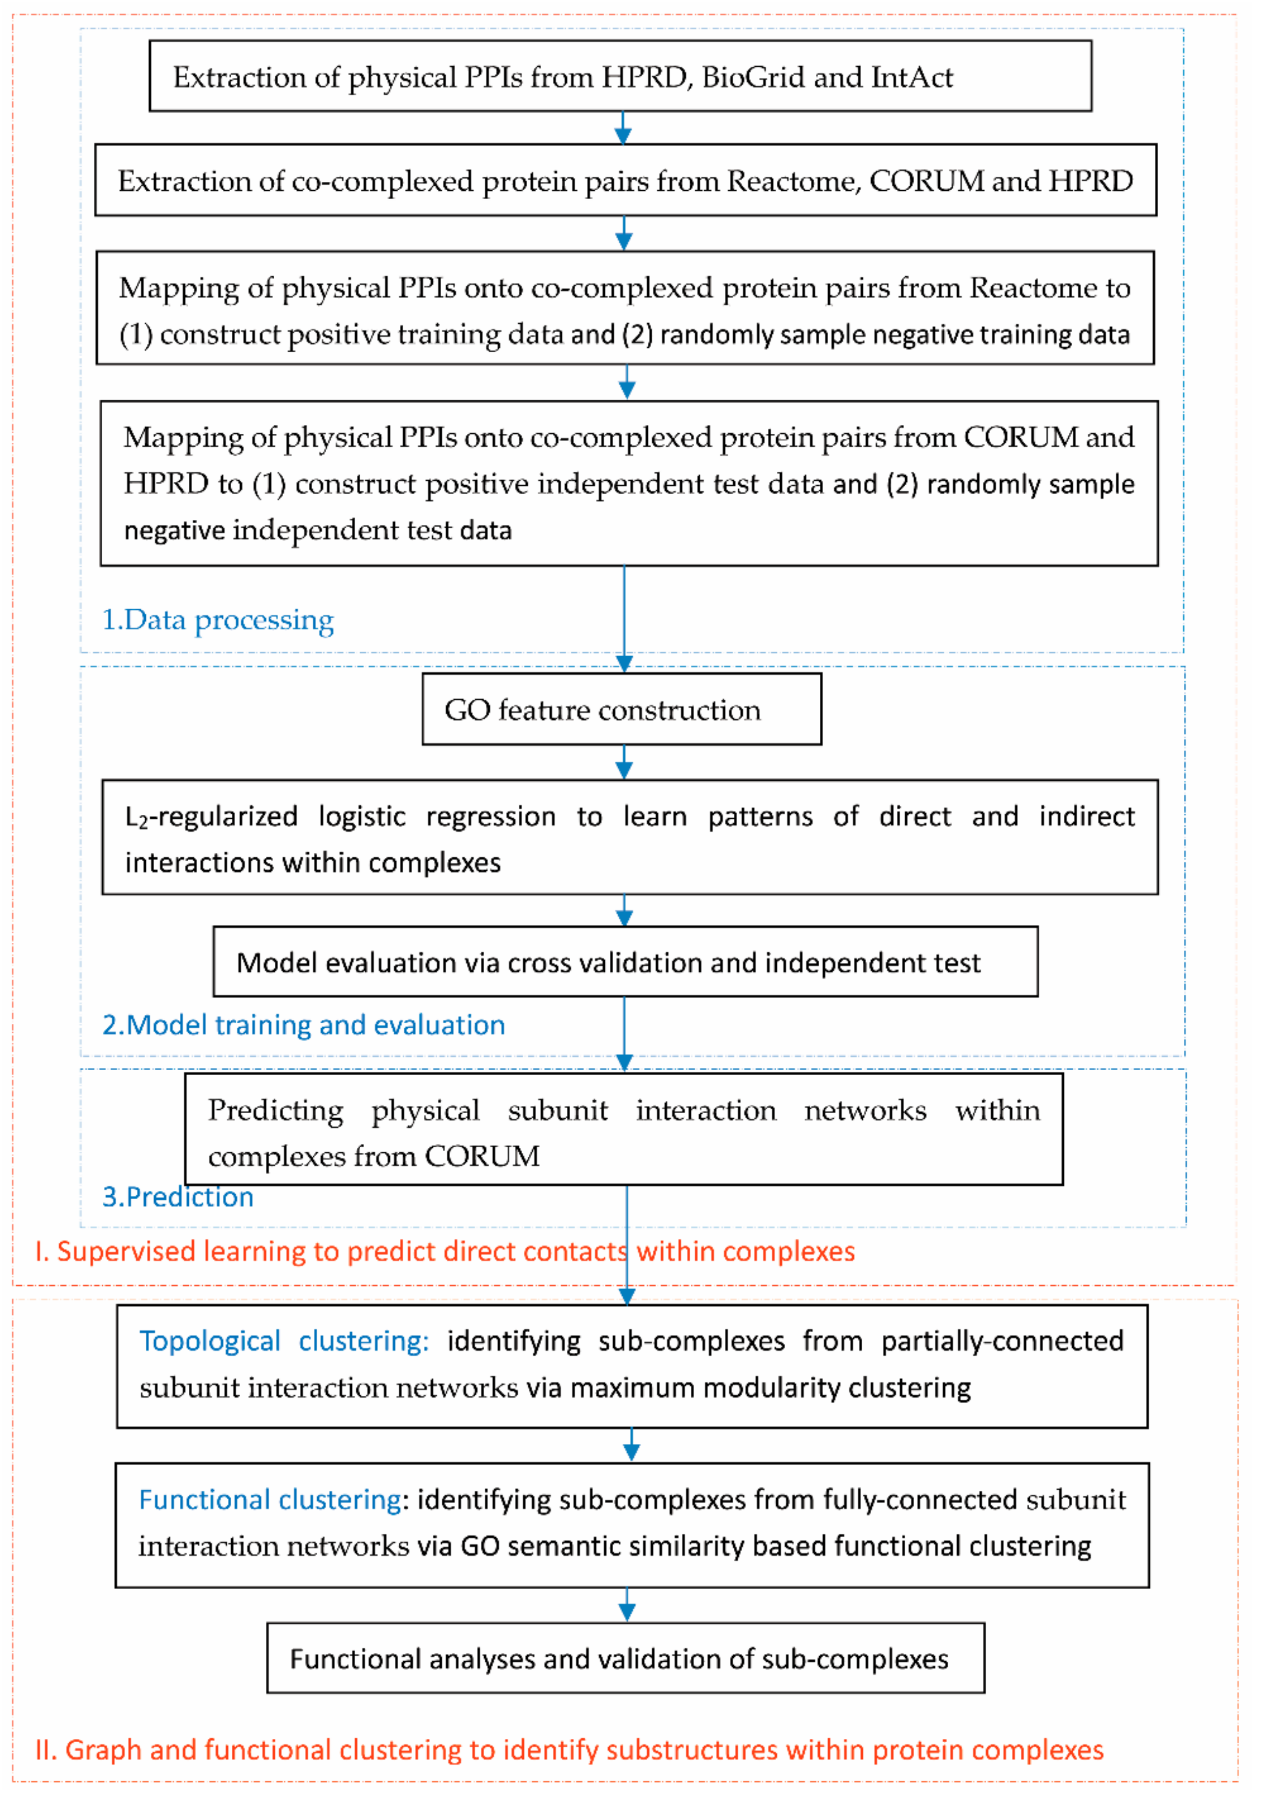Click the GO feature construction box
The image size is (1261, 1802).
[x=622, y=709]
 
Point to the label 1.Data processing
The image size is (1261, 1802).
[x=218, y=620]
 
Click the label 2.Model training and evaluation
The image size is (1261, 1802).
[x=304, y=1024]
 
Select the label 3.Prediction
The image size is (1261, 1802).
[x=178, y=1196]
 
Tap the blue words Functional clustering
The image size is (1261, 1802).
[x=270, y=1499]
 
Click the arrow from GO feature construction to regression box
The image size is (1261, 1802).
[x=624, y=762]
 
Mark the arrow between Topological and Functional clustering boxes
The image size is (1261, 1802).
[x=631, y=1445]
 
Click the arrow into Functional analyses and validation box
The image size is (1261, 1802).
[x=626, y=1605]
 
